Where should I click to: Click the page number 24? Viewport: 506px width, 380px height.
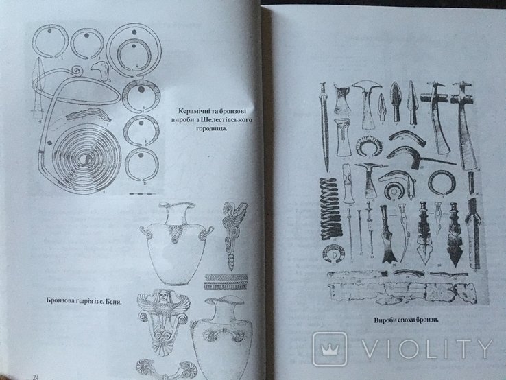coord(36,377)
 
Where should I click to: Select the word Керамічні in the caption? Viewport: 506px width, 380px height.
coord(193,111)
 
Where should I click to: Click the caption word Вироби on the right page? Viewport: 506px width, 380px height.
coord(385,320)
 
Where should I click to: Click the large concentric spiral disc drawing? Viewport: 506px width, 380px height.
coord(87,159)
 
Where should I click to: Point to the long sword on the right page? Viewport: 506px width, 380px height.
coord(324,126)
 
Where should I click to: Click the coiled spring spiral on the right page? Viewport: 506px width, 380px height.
coord(331,209)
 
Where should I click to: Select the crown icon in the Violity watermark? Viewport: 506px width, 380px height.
coord(330,348)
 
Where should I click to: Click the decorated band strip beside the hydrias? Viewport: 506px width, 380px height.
coord(226,281)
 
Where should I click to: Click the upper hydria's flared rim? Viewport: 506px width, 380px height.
coord(178,206)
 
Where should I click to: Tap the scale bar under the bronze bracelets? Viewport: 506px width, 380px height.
coord(142,194)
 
